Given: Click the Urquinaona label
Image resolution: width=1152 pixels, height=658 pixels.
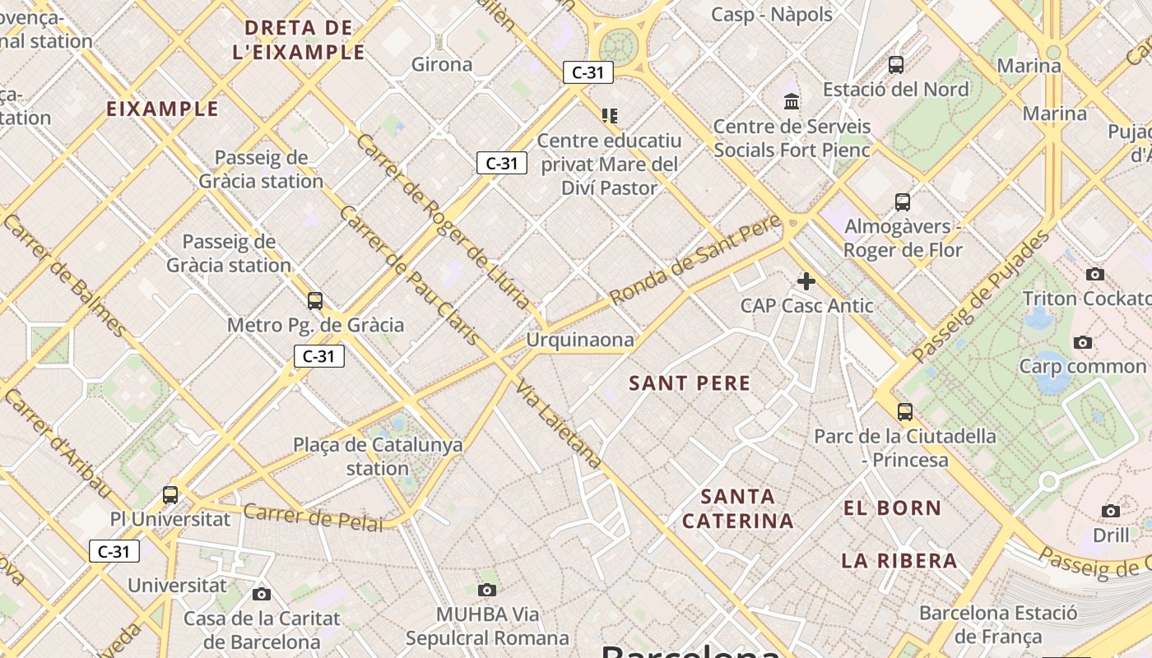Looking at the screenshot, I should click(x=580, y=340).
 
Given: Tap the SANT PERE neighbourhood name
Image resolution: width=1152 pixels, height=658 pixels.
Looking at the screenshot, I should click(x=690, y=383).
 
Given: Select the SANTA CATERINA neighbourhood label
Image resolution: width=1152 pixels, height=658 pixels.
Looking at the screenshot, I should click(x=738, y=509).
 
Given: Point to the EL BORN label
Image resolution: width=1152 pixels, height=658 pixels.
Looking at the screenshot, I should click(x=892, y=508).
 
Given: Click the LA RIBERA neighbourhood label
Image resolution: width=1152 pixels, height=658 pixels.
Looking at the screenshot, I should click(x=899, y=562).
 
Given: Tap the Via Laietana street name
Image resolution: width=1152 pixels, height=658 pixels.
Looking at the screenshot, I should click(x=560, y=424).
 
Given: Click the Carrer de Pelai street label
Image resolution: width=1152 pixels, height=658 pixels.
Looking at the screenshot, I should click(x=313, y=517).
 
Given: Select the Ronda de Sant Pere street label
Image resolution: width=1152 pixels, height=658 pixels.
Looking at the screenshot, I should click(x=695, y=261).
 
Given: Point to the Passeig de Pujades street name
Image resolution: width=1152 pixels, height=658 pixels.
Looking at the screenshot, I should click(x=981, y=295).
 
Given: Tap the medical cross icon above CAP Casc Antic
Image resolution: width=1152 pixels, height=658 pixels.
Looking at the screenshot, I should click(x=806, y=281).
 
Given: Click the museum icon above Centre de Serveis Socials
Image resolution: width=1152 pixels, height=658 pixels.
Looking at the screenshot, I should click(x=792, y=101).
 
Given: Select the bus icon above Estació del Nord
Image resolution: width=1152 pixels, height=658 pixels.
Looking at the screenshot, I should click(x=896, y=64).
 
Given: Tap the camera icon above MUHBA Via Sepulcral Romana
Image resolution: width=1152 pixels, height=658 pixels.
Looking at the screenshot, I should click(x=487, y=590).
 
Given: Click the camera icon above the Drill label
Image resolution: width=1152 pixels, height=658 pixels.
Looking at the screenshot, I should click(x=1111, y=512).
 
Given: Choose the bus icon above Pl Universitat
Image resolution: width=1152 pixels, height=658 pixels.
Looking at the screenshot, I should click(x=170, y=494).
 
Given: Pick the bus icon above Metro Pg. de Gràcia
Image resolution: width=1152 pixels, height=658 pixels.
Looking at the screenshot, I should click(x=314, y=300).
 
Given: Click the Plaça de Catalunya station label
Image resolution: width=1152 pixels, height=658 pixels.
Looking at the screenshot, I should click(x=378, y=456).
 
